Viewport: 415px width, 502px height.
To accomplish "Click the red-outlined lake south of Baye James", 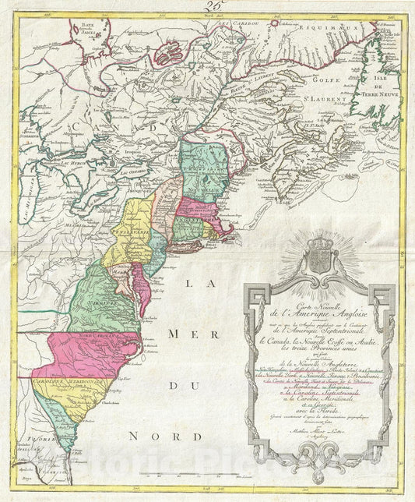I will tap(171, 55).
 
